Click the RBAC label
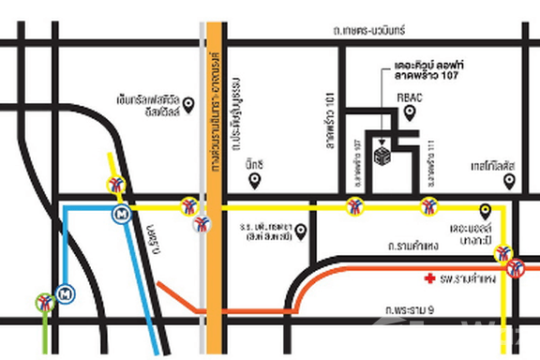pyautogui.click(x=411, y=95)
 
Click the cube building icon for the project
pyautogui.click(x=382, y=152)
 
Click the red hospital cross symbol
pyautogui.click(x=429, y=278)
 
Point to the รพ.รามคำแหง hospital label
pyautogui.click(x=466, y=278)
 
